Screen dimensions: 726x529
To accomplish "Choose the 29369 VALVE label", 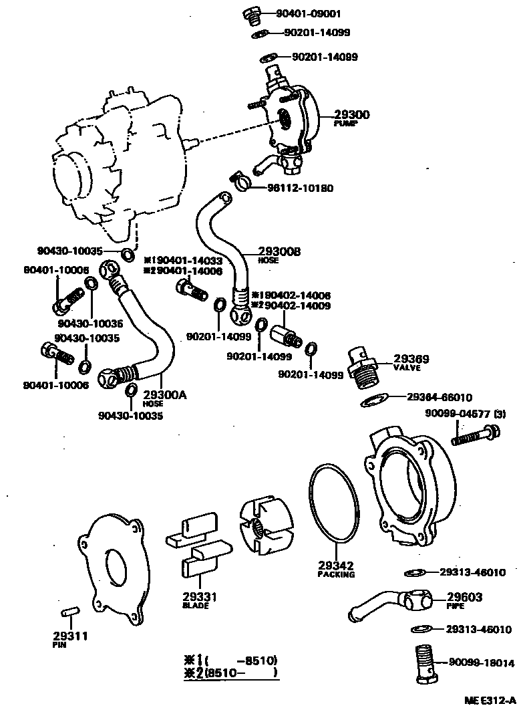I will pos(410,362).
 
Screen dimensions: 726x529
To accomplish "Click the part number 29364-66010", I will pos(439,396).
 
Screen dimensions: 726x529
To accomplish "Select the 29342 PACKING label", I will pos(336,568).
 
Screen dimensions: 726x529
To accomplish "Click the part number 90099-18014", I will pos(481,663).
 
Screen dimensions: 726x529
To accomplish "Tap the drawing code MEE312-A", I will pos(490,701).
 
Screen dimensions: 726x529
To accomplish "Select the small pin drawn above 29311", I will pos(69,612).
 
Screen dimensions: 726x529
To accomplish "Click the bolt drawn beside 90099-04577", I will pos(475,435).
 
